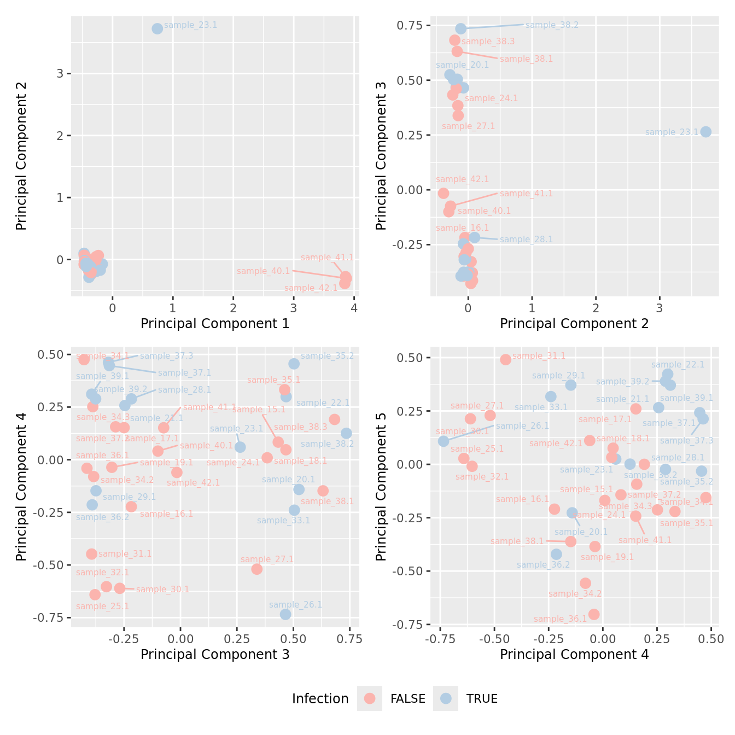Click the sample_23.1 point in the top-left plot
[x=157, y=28]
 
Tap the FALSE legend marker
[x=370, y=698]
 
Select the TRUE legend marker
[x=446, y=698]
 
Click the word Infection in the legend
[x=320, y=699]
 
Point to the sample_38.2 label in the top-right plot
[x=551, y=25]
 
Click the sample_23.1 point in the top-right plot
[x=706, y=132]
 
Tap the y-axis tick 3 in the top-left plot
[x=61, y=74]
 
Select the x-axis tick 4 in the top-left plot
[x=354, y=308]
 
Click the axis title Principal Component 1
[x=215, y=324]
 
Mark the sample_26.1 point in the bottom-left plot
[x=285, y=614]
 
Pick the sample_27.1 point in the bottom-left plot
[x=256, y=569]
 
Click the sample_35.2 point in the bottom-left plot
[x=294, y=364]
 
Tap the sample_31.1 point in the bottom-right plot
[x=505, y=359]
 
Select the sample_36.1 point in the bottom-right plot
[x=594, y=614]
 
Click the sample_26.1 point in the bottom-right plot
[x=444, y=441]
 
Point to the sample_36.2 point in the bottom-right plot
[x=556, y=554]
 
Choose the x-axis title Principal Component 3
[x=215, y=655]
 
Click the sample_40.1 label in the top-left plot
[x=263, y=271]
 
